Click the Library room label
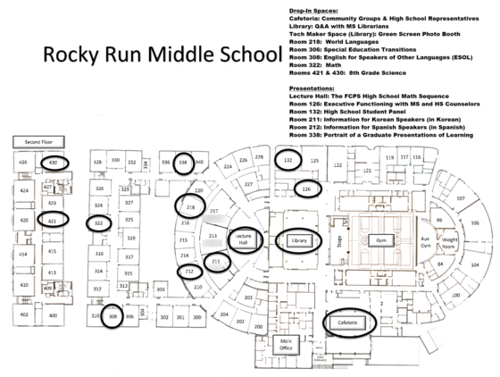pos(298,239)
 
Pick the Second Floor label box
pos(38,142)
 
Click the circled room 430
pos(54,163)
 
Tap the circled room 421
pos(53,220)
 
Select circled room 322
pos(99,222)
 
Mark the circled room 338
pos(182,163)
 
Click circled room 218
pos(189,206)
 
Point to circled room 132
pos(287,161)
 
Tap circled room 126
pos(305,189)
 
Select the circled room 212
pos(189,271)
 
